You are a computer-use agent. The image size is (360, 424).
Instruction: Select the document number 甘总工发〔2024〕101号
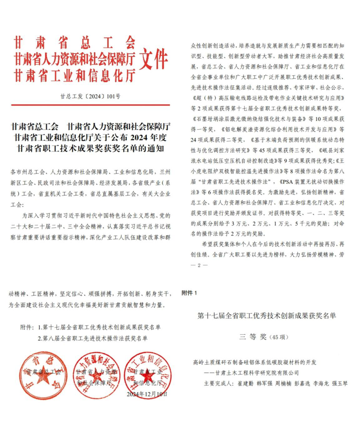point(91,96)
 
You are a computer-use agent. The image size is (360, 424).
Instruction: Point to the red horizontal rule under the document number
point(91,105)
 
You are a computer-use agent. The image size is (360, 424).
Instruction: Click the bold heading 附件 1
point(189,293)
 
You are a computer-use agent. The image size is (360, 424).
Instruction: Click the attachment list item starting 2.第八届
point(92,338)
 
